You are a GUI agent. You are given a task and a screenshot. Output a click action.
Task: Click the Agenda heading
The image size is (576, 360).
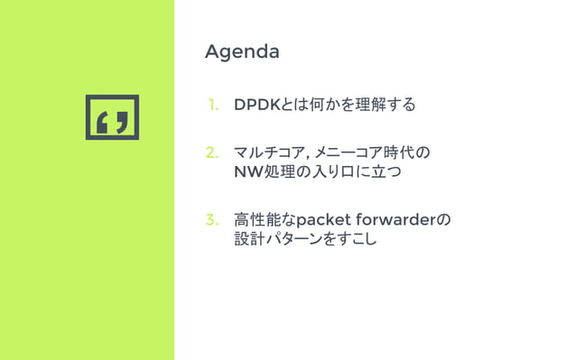click(x=242, y=51)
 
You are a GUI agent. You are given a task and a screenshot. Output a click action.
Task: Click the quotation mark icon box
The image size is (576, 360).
click(x=113, y=117)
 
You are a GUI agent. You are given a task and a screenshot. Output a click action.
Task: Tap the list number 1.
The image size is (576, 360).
click(x=214, y=106)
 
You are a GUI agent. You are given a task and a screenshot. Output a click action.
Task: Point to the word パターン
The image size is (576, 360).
click(x=295, y=239)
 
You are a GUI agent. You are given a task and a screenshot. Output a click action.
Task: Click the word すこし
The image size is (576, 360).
click(x=358, y=239)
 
